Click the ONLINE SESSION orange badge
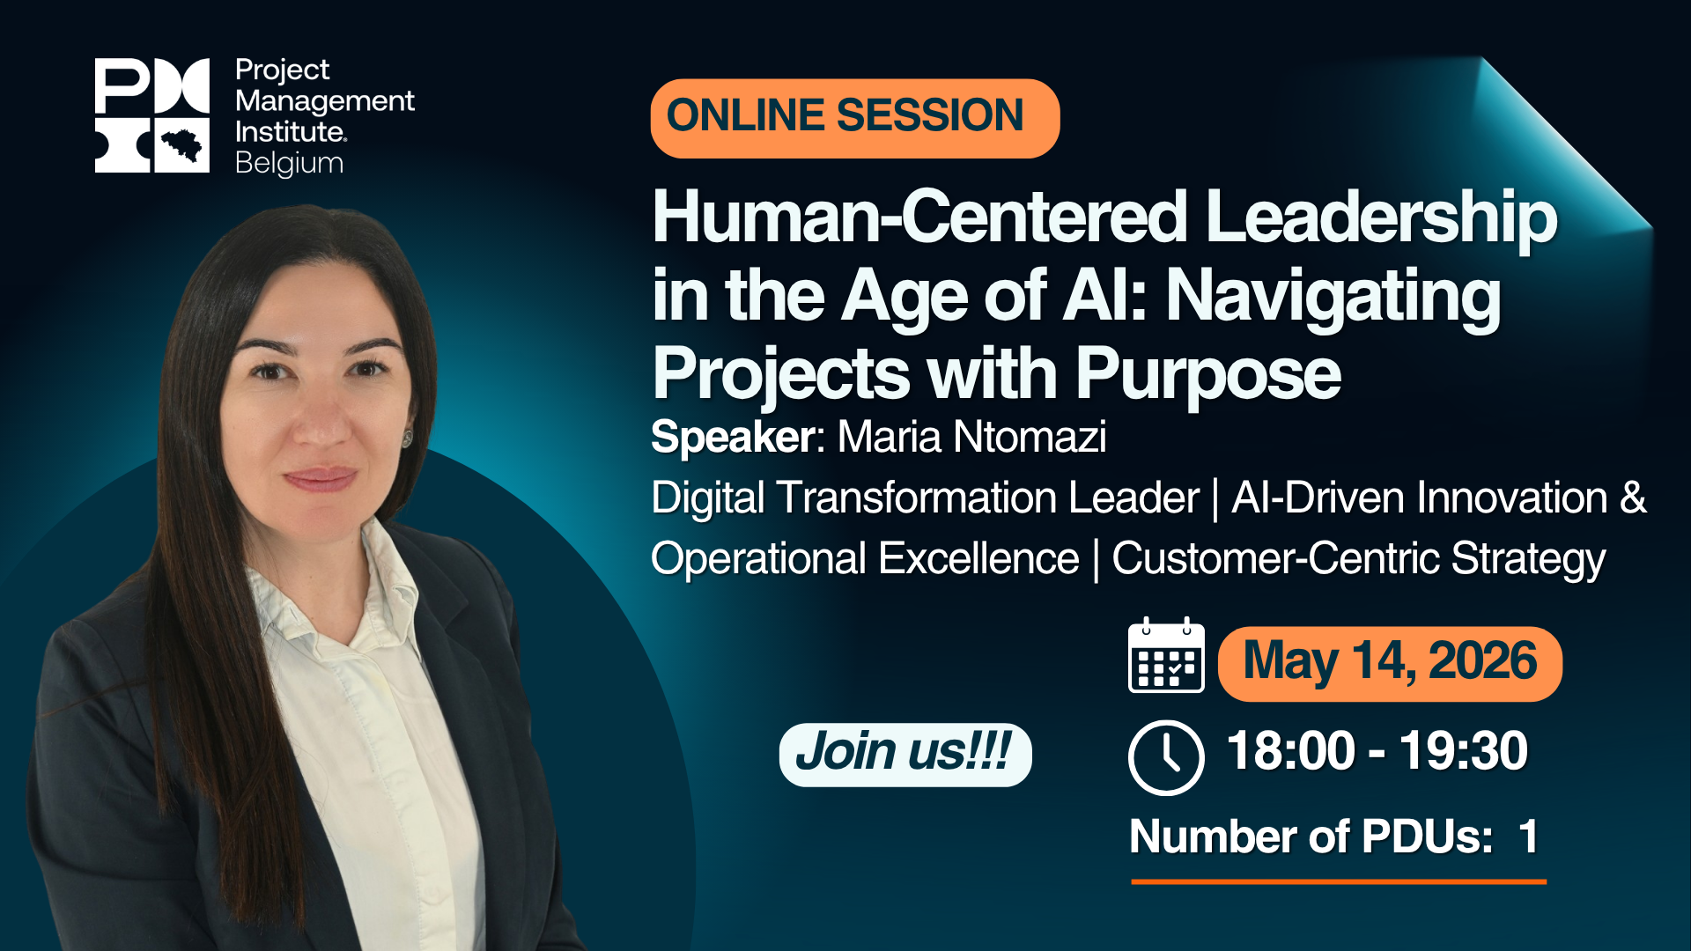pos(854,118)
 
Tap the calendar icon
pos(1166,655)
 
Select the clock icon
pos(1166,757)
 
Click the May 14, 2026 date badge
pos(1390,663)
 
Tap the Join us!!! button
pos(905,755)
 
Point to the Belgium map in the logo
pos(182,144)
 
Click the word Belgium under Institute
pos(289,164)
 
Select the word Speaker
pos(733,437)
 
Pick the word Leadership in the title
pos(1382,217)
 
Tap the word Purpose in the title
pos(1208,374)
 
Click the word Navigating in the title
pos(1333,297)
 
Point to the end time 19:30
pos(1464,751)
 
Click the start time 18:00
pos(1290,751)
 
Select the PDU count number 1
pos(1529,837)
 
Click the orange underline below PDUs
pos(1339,881)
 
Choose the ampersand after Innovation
pos(1633,498)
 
